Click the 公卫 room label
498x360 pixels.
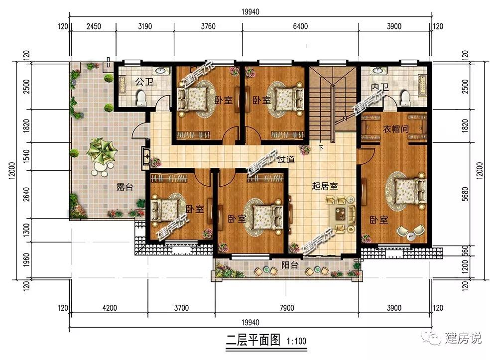coord(144,82)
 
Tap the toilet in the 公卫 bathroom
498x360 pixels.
coord(140,98)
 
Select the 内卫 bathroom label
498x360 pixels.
coord(380,87)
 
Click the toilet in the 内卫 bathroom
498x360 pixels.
coord(404,98)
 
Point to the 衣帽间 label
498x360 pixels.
coord(395,129)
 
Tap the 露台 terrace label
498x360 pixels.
coord(124,187)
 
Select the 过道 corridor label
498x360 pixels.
coord(286,159)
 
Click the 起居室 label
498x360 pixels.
coord(325,186)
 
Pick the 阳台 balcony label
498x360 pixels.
coord(290,264)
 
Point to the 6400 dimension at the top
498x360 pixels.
coord(300,26)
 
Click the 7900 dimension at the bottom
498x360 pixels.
coord(286,308)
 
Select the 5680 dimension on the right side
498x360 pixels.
coord(465,194)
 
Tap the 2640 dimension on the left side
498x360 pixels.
coord(26,194)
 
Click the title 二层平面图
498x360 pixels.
coord(253,340)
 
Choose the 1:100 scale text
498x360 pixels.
coord(296,341)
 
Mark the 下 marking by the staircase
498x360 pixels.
coord(321,147)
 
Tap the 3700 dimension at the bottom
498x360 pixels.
coord(181,308)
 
